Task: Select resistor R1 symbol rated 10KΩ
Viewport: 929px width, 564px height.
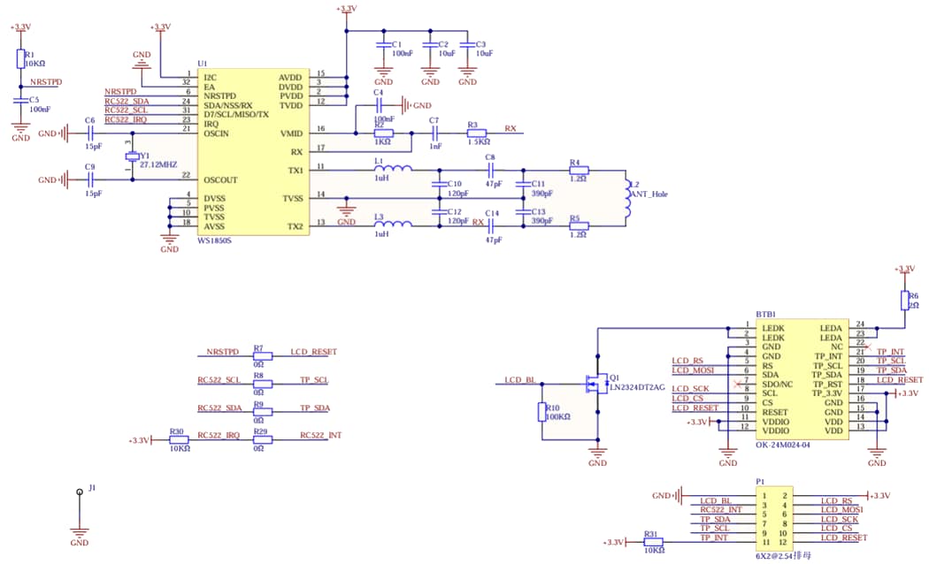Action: point(20,58)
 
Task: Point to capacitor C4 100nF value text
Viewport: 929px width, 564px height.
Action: point(384,118)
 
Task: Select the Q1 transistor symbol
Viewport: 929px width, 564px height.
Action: point(594,385)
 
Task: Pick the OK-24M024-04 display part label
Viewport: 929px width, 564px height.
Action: point(783,445)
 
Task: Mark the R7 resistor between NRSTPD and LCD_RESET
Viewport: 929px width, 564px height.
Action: point(259,357)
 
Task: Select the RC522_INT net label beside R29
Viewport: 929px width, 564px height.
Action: point(320,435)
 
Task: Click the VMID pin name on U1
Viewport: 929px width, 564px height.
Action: point(291,133)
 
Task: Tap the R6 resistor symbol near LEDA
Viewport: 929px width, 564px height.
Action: point(904,299)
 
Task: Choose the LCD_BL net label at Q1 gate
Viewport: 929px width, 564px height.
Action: point(519,380)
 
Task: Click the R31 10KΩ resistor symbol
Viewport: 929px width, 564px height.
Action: point(652,542)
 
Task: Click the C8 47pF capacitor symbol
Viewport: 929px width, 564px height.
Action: point(491,170)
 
